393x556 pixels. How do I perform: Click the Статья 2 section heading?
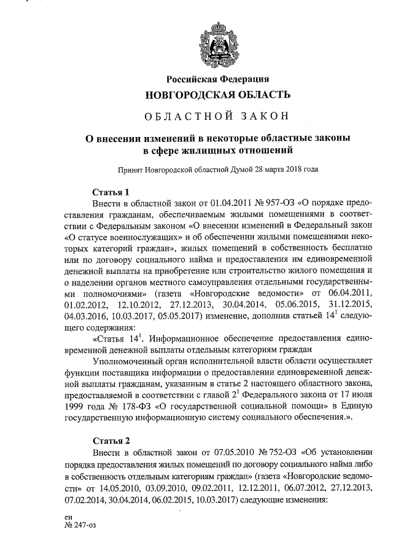coord(111,440)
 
